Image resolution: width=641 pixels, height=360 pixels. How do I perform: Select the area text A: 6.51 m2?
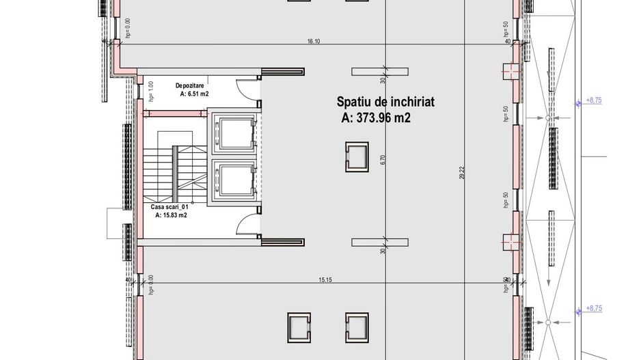tap(194, 95)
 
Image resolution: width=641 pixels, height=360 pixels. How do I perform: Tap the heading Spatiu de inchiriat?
tap(385, 102)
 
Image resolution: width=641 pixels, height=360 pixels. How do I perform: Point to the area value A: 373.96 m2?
tap(375, 117)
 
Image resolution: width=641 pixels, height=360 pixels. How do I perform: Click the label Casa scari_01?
tap(169, 206)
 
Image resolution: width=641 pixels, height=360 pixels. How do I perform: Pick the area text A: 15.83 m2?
tap(171, 214)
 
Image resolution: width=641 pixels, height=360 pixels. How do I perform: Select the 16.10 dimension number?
tap(314, 42)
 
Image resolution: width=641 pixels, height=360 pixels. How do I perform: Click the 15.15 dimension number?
tap(325, 279)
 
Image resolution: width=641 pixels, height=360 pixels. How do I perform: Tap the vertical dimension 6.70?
tap(383, 158)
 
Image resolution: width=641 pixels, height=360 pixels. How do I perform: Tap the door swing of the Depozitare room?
tap(245, 88)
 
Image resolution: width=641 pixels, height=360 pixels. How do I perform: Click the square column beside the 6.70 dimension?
tap(357, 155)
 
